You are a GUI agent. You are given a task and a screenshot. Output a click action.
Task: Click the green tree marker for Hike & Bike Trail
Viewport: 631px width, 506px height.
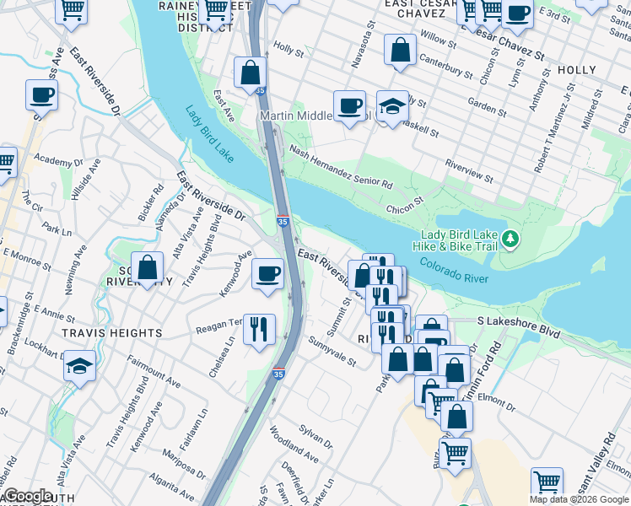[x=510, y=240]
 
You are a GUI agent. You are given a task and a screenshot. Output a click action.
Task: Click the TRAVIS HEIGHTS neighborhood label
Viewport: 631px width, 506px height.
[x=111, y=333]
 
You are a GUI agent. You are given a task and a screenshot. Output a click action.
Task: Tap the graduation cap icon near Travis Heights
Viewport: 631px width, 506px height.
[x=79, y=367]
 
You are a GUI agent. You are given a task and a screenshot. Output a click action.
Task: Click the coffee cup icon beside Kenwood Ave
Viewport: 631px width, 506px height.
[x=268, y=273]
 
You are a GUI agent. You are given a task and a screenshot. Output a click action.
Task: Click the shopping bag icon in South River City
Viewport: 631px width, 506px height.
[x=148, y=267]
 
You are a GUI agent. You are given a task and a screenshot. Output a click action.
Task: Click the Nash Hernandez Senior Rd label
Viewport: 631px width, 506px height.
[x=341, y=165]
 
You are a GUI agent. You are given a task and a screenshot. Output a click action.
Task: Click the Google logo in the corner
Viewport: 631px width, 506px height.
[x=27, y=496]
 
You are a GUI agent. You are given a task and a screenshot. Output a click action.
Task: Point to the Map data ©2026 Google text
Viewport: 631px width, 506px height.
[x=579, y=499]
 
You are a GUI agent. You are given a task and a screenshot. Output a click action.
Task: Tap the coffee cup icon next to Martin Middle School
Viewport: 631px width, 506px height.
[x=349, y=105]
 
